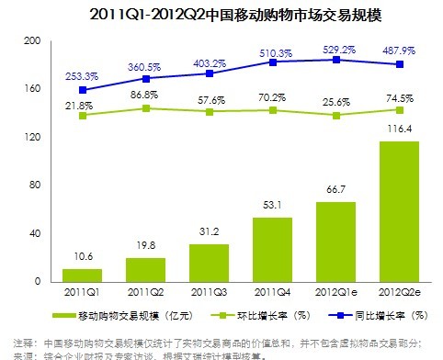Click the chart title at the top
click(x=221, y=14)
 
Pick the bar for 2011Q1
click(x=81, y=275)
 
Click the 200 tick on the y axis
click(x=30, y=41)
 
